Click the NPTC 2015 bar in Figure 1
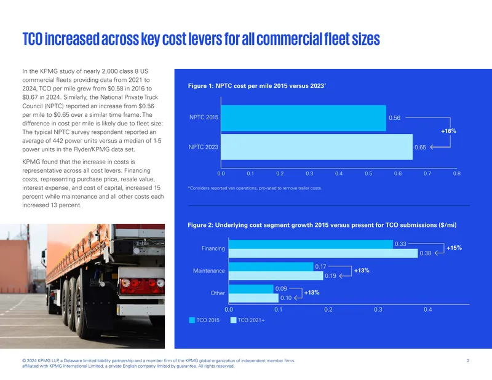[303, 118]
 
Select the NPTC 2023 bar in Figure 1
[317, 147]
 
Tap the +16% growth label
[448, 131]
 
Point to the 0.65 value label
[420, 147]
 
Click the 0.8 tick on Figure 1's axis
[456, 173]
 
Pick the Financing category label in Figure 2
[213, 248]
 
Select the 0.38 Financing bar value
[426, 253]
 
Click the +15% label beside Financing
[454, 248]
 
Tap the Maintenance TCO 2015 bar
[271, 267]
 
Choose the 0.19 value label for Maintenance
[330, 276]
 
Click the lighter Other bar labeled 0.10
[253, 298]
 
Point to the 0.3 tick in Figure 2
[378, 309]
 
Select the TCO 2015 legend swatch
[192, 320]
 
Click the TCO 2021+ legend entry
[248, 320]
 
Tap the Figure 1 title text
[257, 85]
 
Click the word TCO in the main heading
[33, 39]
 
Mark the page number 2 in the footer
[468, 360]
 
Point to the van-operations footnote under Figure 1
[255, 188]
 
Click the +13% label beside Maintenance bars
[362, 271]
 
